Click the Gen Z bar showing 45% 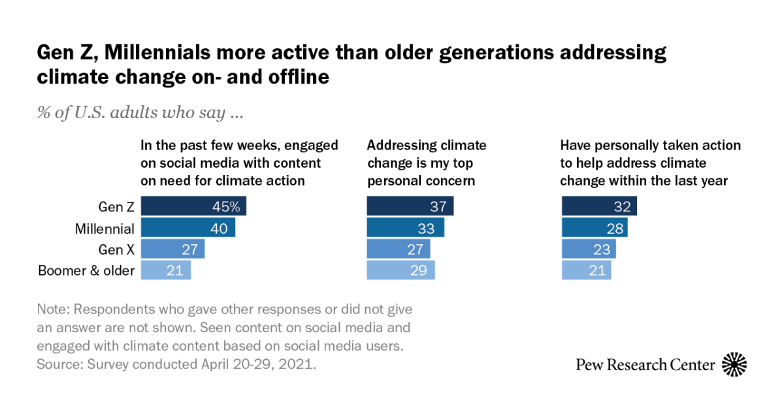point(193,207)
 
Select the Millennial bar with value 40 point(188,228)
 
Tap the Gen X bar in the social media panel point(173,249)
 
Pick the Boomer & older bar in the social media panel point(167,270)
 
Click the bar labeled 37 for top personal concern point(410,207)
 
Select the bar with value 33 point(405,228)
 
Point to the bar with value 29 point(400,270)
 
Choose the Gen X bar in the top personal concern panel point(399,249)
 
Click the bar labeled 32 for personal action point(599,207)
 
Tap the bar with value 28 point(595,228)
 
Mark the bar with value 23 point(589,249)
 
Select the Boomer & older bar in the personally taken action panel point(587,270)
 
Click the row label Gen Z point(116,207)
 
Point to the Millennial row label point(105,228)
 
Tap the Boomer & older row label point(86,270)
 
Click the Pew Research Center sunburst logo point(734,364)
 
